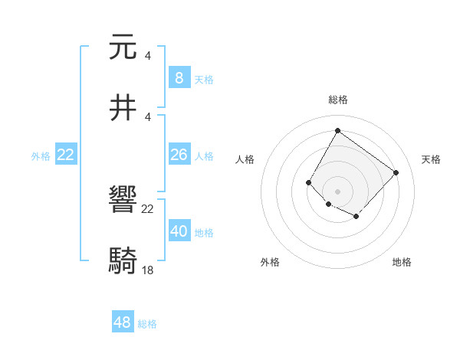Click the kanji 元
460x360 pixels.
tap(123, 47)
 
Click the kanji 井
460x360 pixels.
tap(123, 109)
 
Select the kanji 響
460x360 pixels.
tap(123, 201)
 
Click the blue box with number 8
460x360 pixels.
tap(179, 78)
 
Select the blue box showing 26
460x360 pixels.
tap(179, 155)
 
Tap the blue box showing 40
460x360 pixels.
tap(179, 231)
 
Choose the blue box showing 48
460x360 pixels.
tap(123, 322)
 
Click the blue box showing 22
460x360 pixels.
tap(66, 155)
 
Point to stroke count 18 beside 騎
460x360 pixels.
tap(148, 271)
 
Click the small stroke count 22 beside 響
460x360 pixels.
tap(148, 209)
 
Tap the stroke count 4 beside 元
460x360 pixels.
tap(147, 55)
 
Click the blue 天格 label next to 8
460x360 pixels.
tap(204, 79)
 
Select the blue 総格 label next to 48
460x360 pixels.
tap(148, 323)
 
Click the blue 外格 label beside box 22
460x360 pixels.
tap(41, 156)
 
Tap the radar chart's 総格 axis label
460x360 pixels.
tap(337, 100)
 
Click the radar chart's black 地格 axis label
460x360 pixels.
tap(402, 262)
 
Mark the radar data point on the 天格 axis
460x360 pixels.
tap(396, 172)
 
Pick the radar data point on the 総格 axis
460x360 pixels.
tap(337, 131)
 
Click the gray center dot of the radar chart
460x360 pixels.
tap(337, 191)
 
